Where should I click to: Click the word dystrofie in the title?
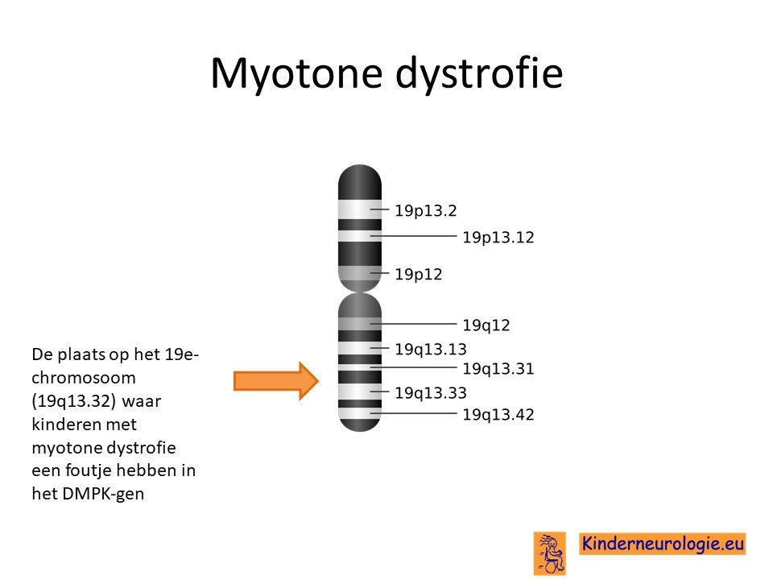pos(479,73)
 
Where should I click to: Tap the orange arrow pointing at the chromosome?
pos(276,381)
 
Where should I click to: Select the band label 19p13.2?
pos(426,210)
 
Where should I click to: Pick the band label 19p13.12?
pos(498,237)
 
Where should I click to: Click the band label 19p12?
pos(419,274)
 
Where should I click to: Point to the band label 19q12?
pos(486,325)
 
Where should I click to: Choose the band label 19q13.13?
pos(430,349)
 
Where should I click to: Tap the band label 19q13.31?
pos(498,368)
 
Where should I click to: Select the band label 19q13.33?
pos(430,392)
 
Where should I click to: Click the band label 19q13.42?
pos(498,414)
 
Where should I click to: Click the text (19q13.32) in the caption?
pos(73,401)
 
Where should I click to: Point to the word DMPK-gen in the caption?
pos(102,494)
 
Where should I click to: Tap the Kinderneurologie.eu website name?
pos(663,544)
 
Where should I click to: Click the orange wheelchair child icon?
pos(550,553)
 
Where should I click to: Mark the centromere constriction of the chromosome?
pos(360,292)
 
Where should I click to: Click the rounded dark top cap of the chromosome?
pos(360,182)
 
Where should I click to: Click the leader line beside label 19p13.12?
pos(413,236)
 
